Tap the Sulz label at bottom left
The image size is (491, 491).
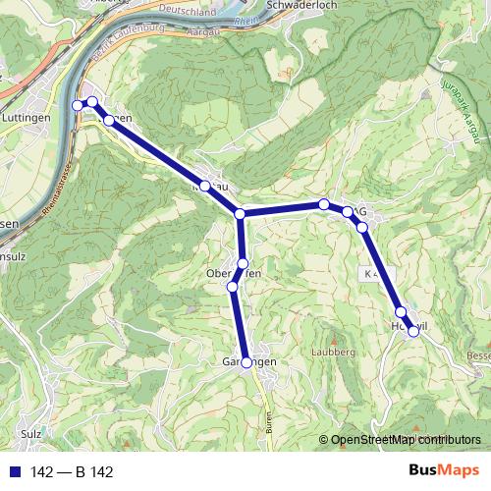(x=30, y=432)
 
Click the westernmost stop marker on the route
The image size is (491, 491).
(x=78, y=105)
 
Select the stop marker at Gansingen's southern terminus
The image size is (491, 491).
(x=246, y=362)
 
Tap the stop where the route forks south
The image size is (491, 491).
(x=240, y=214)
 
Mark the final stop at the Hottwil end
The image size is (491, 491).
(x=413, y=331)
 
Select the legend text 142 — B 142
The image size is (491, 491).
(x=72, y=472)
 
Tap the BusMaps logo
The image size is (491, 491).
(x=444, y=470)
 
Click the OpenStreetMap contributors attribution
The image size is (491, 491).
(x=399, y=440)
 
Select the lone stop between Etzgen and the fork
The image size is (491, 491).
(x=205, y=186)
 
